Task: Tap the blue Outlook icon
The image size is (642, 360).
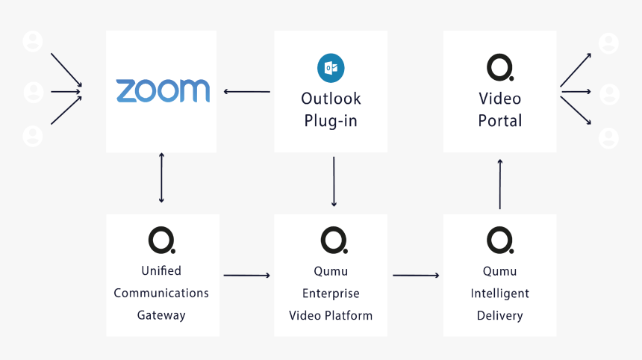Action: pyautogui.click(x=330, y=68)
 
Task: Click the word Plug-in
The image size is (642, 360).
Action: pyautogui.click(x=330, y=121)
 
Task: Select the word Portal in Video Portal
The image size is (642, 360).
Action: pyautogui.click(x=499, y=121)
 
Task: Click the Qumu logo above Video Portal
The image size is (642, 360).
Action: pyautogui.click(x=499, y=67)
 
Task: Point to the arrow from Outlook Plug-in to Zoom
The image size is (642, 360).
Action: pyautogui.click(x=246, y=92)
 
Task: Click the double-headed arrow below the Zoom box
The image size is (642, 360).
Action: pyautogui.click(x=161, y=178)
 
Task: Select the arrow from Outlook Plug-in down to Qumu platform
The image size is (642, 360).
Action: pyautogui.click(x=333, y=181)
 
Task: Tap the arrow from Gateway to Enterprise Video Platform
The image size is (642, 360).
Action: pyautogui.click(x=246, y=276)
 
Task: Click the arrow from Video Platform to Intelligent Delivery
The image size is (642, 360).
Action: pyautogui.click(x=416, y=276)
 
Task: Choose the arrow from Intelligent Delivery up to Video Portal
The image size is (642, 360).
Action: pyautogui.click(x=499, y=184)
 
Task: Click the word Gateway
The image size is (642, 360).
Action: pyautogui.click(x=161, y=315)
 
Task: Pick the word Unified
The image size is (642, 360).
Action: pyautogui.click(x=161, y=270)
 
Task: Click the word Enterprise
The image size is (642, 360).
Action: pyautogui.click(x=331, y=294)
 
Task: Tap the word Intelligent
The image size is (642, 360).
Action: pyautogui.click(x=499, y=294)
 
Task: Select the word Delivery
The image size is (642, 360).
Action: pyautogui.click(x=499, y=316)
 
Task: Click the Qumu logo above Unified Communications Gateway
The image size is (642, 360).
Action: pyautogui.click(x=161, y=240)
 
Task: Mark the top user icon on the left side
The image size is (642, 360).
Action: pyautogui.click(x=33, y=42)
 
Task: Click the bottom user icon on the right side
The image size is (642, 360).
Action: pyautogui.click(x=609, y=138)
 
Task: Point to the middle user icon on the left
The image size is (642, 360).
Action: pyautogui.click(x=33, y=92)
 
